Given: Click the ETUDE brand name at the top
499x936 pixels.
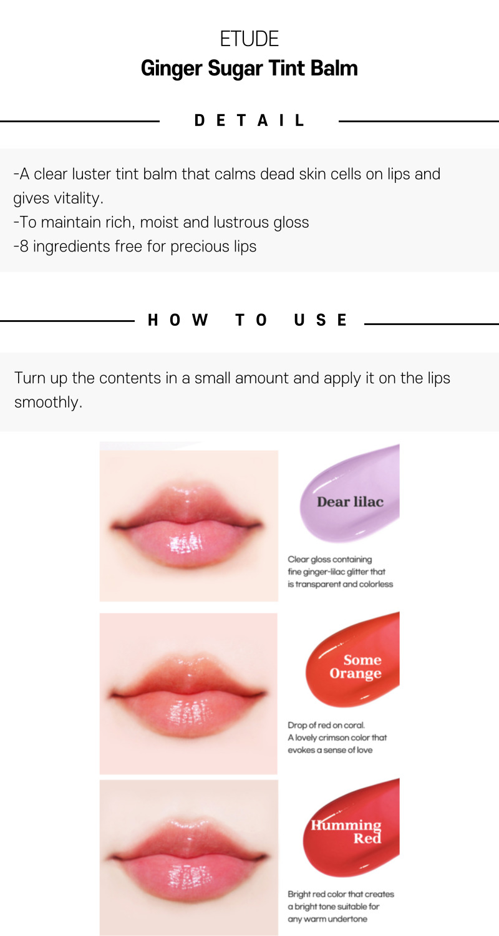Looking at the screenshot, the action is click(x=249, y=39).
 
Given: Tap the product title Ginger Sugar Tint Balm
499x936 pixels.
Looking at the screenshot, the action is click(x=249, y=68).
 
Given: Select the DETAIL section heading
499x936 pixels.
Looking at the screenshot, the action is click(x=249, y=120).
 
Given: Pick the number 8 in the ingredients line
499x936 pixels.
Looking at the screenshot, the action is click(x=24, y=246).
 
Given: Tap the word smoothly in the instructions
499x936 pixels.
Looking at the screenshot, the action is click(x=48, y=402).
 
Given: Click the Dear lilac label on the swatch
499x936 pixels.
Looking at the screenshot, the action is click(x=350, y=502).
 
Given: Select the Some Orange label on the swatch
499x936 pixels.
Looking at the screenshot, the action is click(x=356, y=666).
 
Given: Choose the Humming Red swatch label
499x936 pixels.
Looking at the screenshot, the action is click(x=346, y=832).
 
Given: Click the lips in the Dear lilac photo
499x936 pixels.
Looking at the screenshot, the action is click(x=187, y=525).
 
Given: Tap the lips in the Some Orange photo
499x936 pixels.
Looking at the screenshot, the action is click(x=188, y=695).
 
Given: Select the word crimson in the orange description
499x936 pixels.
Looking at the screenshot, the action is click(x=334, y=738).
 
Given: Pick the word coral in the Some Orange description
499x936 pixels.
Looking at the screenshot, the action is click(x=354, y=725).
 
